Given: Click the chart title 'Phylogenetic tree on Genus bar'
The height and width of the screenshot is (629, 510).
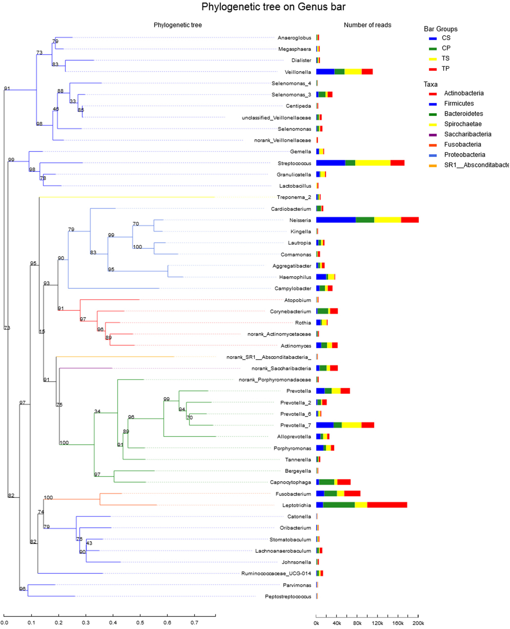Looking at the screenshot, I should coord(273,7).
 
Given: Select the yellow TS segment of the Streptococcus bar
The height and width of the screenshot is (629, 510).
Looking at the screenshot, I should coord(373,163).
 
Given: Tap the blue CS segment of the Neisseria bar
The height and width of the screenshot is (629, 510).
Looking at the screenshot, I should coord(336,220).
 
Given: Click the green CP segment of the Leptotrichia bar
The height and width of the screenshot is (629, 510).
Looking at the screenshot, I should coord(339,505).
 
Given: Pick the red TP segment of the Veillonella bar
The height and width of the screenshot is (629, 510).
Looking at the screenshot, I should coord(367,72).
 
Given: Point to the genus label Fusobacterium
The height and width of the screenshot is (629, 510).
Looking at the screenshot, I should coord(293,494).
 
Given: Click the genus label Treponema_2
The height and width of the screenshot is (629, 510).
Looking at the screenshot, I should coord(294,197).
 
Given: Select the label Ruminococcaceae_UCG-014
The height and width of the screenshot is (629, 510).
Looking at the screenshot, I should coord(276,573).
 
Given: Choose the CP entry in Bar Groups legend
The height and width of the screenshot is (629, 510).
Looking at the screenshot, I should coord(446,48).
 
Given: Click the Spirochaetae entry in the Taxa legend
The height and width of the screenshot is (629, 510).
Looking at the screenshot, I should coord(463,124).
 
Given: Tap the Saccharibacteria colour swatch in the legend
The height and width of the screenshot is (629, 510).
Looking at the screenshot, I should coord(433,135).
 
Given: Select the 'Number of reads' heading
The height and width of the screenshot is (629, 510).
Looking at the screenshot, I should coord(367,25).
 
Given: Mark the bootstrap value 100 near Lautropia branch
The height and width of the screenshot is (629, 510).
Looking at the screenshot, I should coord(137,247).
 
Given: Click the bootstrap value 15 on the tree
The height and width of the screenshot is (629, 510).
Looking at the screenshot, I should coord(42,331).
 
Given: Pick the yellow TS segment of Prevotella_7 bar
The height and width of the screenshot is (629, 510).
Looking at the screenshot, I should coord(351,425).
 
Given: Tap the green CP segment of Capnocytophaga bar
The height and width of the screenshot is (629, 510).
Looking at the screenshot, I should coord(326,482).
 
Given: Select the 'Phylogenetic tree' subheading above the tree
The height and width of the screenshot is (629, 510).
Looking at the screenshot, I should coord(178,25).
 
